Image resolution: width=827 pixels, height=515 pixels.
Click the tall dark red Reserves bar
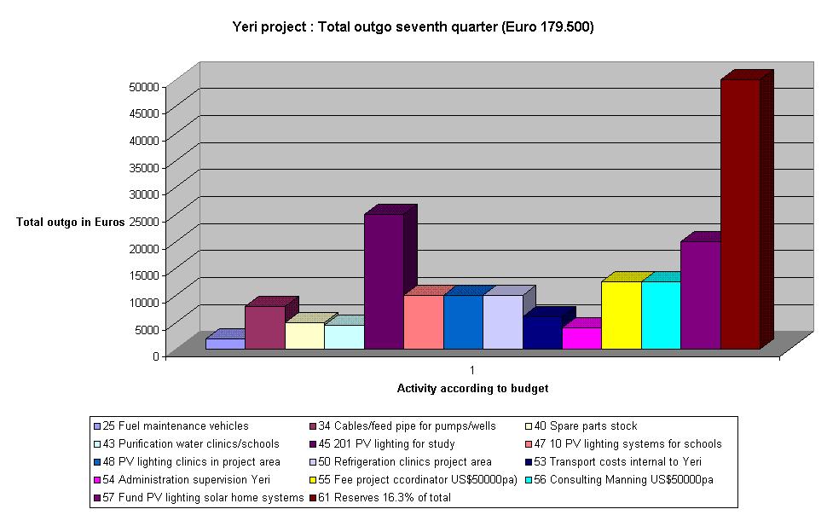[739, 213]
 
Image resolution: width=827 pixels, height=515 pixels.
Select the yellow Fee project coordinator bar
[621, 315]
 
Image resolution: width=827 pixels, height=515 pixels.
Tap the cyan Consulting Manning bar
[661, 315]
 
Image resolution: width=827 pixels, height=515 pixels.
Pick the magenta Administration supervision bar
[581, 338]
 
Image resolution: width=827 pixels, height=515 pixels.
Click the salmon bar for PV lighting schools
[423, 321]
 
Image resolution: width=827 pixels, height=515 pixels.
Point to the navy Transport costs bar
[542, 333]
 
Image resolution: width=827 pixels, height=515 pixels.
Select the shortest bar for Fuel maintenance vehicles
[225, 344]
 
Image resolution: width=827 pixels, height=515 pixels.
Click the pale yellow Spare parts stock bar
[304, 335]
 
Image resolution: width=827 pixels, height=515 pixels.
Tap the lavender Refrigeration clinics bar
[502, 321]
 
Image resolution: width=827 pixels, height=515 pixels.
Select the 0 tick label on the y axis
[156, 356]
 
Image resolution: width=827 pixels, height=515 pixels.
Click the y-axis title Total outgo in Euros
[70, 223]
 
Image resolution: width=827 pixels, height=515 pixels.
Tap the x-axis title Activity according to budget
[472, 388]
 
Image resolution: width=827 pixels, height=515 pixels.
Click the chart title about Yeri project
[413, 27]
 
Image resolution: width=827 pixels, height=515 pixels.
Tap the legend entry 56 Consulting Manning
[629, 479]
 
